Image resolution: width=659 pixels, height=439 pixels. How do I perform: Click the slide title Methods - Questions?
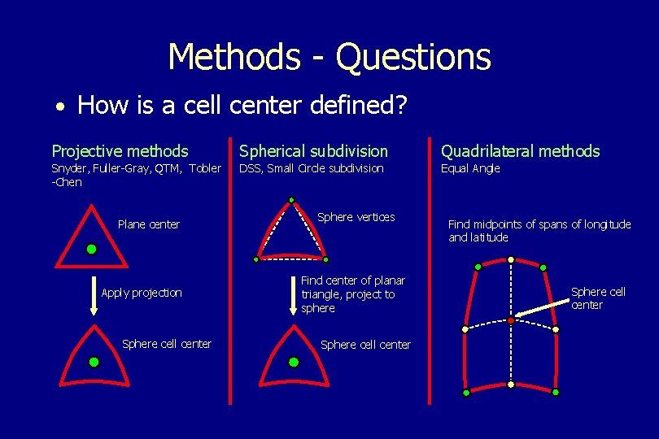coord(329,57)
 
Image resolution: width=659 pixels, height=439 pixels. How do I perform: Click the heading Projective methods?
coord(120,151)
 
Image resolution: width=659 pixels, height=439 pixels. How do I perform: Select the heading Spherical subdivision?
coord(313,151)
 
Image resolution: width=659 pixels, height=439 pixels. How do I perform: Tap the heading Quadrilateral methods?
coord(520,151)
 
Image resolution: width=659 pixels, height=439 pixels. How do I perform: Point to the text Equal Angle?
coord(470,169)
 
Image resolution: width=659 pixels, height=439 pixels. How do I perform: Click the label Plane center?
coord(149,224)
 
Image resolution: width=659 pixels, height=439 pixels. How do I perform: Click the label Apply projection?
coord(142,293)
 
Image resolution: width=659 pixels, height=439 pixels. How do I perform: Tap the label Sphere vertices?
coord(356,217)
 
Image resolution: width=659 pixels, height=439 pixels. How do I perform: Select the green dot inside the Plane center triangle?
coord(92,248)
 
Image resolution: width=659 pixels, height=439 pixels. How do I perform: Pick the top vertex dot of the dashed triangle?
coord(291,200)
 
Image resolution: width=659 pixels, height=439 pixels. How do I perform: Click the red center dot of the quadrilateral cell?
coord(510,321)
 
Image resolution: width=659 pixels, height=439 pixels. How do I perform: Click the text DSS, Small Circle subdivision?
coord(310,169)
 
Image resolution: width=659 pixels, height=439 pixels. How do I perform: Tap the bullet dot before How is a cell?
coord(61,107)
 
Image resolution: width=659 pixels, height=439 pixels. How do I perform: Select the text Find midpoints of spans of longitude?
coord(539,224)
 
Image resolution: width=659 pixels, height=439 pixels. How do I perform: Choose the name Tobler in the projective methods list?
coord(205,169)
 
